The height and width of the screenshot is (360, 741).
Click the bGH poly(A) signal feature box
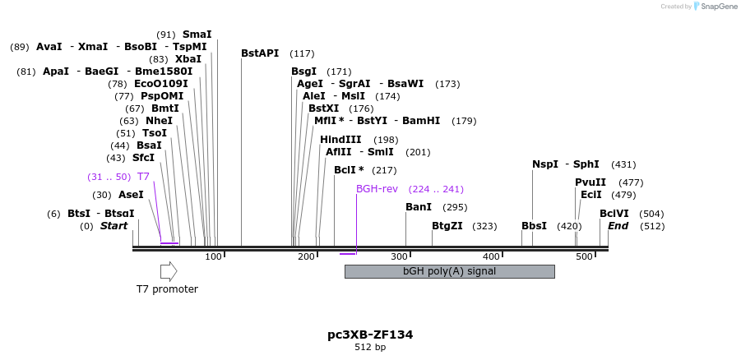(x=449, y=271)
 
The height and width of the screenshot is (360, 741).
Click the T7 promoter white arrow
(x=169, y=271)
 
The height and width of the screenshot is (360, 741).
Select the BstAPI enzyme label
(x=260, y=53)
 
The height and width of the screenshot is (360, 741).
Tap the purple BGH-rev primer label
(x=377, y=189)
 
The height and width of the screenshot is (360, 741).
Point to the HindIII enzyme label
(x=340, y=139)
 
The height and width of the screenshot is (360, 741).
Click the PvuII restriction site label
(x=590, y=182)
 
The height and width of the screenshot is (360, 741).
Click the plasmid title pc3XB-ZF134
(x=370, y=335)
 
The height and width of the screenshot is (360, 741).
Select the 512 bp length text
(x=370, y=348)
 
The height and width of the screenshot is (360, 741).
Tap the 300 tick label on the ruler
(x=401, y=257)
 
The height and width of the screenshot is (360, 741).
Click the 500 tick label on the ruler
(x=585, y=257)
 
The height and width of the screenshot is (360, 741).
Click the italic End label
(x=618, y=226)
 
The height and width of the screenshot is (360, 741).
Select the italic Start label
(x=114, y=226)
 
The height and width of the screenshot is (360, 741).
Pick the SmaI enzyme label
(x=197, y=35)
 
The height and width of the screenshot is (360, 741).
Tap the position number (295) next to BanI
(x=455, y=207)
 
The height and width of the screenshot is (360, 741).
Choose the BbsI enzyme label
(x=535, y=226)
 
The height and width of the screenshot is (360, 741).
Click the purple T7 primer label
(x=143, y=177)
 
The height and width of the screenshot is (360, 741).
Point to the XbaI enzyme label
(x=188, y=59)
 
